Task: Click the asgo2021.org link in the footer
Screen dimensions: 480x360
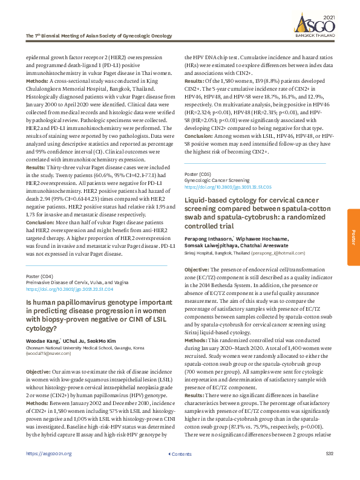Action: [x=49, y=470]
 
